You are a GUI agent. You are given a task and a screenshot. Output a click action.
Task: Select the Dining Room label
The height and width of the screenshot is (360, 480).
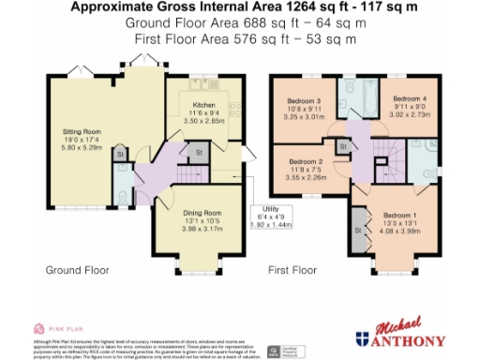tap(202, 213)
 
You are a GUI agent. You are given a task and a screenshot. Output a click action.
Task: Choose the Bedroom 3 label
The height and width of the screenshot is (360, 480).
tap(306, 100)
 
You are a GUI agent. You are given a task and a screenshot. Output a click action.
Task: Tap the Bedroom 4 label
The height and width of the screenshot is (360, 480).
tap(410, 98)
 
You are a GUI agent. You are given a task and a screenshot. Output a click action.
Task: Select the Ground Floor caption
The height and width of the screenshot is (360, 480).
tap(78, 270)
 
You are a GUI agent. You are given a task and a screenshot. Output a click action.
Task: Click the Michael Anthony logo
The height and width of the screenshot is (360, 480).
tap(406, 333)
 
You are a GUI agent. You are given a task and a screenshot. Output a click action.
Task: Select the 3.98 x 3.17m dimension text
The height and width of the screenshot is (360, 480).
tap(202, 228)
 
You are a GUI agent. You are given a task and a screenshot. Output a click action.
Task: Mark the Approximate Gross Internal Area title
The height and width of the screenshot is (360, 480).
tap(240, 7)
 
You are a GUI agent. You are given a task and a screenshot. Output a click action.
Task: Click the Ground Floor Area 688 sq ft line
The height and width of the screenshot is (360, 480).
tap(240, 22)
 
